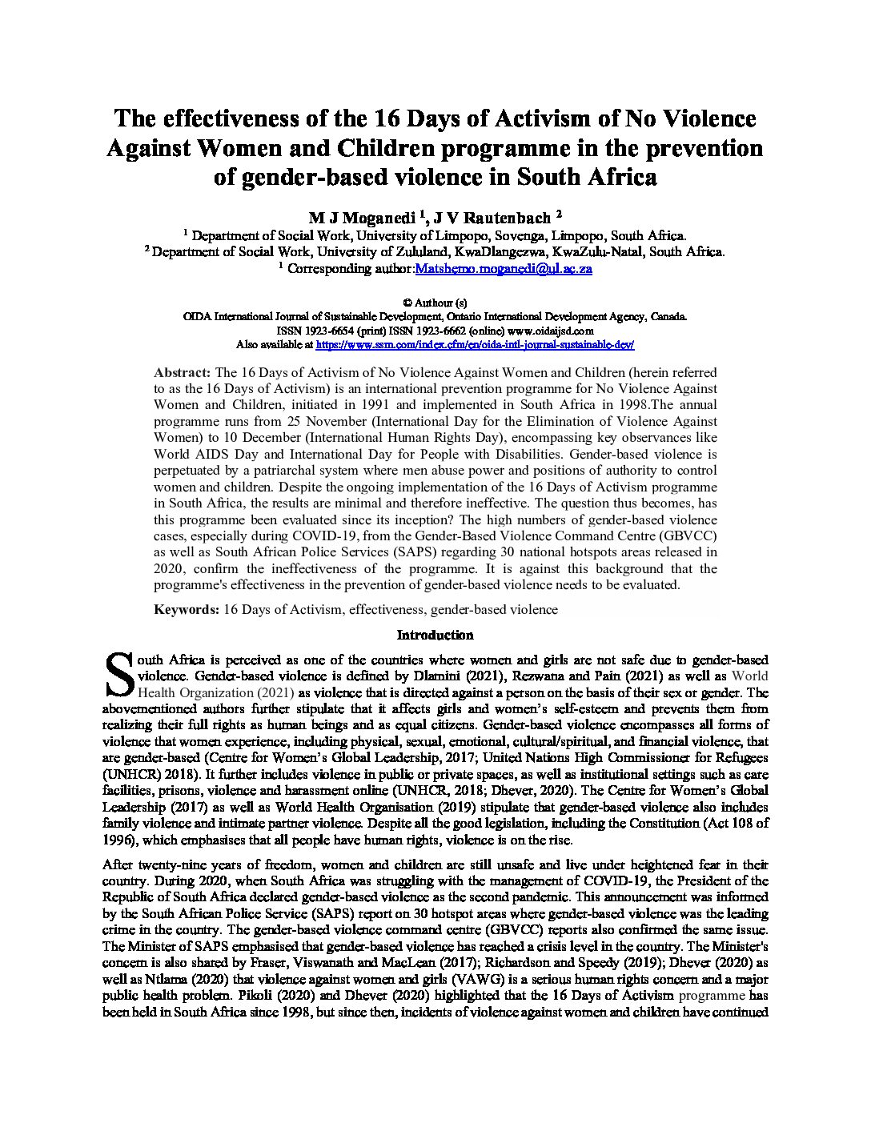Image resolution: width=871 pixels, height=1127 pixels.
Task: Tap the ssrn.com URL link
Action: point(476,345)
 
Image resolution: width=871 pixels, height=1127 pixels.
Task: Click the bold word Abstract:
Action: point(183,372)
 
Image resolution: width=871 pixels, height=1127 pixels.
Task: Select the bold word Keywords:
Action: point(187,609)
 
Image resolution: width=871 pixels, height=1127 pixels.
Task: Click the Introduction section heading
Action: point(435,635)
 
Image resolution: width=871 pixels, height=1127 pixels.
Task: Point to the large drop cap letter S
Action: point(118,675)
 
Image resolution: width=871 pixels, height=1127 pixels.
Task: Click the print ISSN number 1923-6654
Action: point(321,330)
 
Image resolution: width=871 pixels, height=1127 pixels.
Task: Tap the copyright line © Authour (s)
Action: point(435,303)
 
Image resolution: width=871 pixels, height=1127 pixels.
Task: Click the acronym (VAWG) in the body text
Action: point(477,980)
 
